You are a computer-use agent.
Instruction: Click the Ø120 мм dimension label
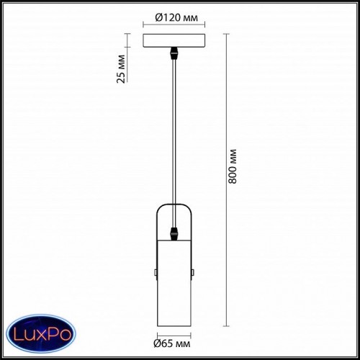click(x=176, y=17)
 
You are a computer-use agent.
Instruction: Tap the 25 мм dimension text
click(x=121, y=69)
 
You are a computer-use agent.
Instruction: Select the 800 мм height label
click(x=233, y=166)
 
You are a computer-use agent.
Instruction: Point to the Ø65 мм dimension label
click(x=172, y=343)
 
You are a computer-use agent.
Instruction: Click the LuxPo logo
click(x=41, y=333)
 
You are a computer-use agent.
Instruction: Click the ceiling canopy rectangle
click(x=174, y=40)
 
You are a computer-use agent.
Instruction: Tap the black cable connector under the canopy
click(x=174, y=53)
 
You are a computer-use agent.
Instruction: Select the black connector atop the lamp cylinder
click(x=174, y=234)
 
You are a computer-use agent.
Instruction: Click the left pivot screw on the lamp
click(x=156, y=272)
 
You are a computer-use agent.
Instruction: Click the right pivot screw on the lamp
click(x=193, y=272)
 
